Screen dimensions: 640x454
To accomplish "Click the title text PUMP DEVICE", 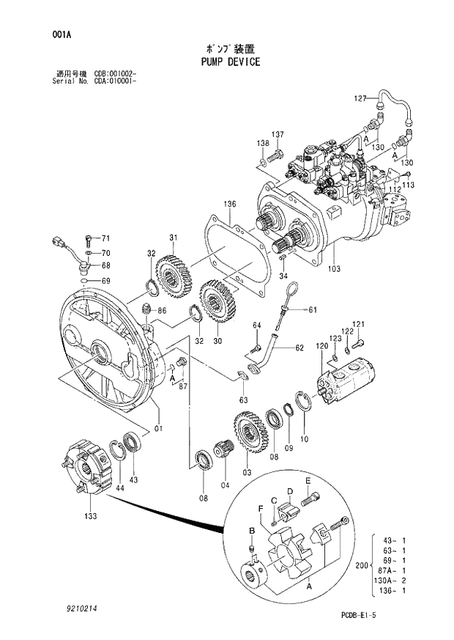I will click(230, 62).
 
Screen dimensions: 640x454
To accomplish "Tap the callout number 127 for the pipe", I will click(360, 98).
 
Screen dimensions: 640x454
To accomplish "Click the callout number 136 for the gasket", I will click(229, 203).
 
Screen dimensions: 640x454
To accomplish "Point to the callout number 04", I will click(225, 484).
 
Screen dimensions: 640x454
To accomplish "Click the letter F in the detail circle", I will click(260, 508).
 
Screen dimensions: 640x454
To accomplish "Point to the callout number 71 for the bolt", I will click(105, 238).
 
